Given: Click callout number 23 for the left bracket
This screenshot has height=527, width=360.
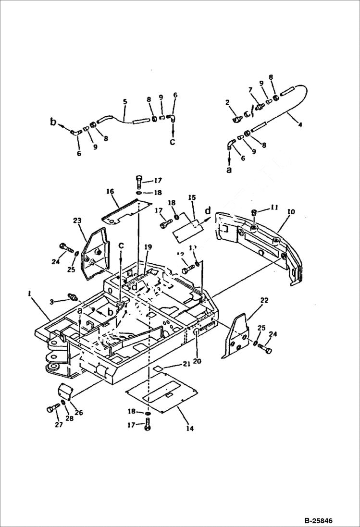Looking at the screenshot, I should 77,221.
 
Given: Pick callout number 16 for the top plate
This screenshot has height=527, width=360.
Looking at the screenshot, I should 111,191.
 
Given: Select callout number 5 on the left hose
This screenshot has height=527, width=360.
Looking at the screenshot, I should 125,102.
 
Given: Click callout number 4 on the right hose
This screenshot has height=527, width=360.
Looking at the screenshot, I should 300,126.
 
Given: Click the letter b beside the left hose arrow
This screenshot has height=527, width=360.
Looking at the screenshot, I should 53,121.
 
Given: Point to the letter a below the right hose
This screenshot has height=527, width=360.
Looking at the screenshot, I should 229,170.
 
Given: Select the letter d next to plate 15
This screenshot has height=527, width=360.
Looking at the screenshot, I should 208,210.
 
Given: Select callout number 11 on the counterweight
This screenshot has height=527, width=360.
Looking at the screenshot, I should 273,208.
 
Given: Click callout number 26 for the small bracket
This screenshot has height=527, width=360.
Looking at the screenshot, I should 78,412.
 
